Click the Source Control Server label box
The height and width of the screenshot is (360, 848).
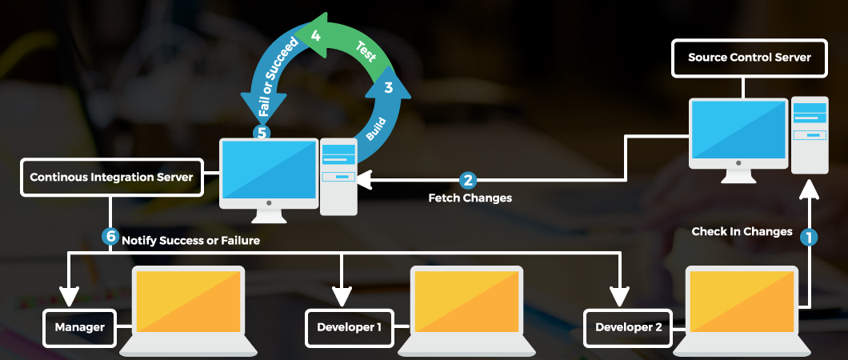tap(749, 58)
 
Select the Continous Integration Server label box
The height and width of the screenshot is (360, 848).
tap(111, 177)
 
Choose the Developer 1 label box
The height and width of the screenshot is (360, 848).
tap(349, 327)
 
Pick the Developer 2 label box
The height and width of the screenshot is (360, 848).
tap(628, 327)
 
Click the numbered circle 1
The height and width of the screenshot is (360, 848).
tap(810, 237)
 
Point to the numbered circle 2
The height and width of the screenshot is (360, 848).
tap(468, 180)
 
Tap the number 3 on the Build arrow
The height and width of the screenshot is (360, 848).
tap(388, 89)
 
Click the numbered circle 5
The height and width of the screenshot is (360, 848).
tap(261, 132)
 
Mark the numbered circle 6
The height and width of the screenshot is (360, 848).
tap(110, 237)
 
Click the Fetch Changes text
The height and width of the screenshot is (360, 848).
tap(470, 198)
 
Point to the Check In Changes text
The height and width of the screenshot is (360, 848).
tap(742, 232)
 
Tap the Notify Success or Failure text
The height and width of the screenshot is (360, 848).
tap(190, 238)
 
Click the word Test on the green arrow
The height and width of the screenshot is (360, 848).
tap(366, 54)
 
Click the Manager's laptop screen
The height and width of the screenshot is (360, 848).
tap(189, 301)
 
